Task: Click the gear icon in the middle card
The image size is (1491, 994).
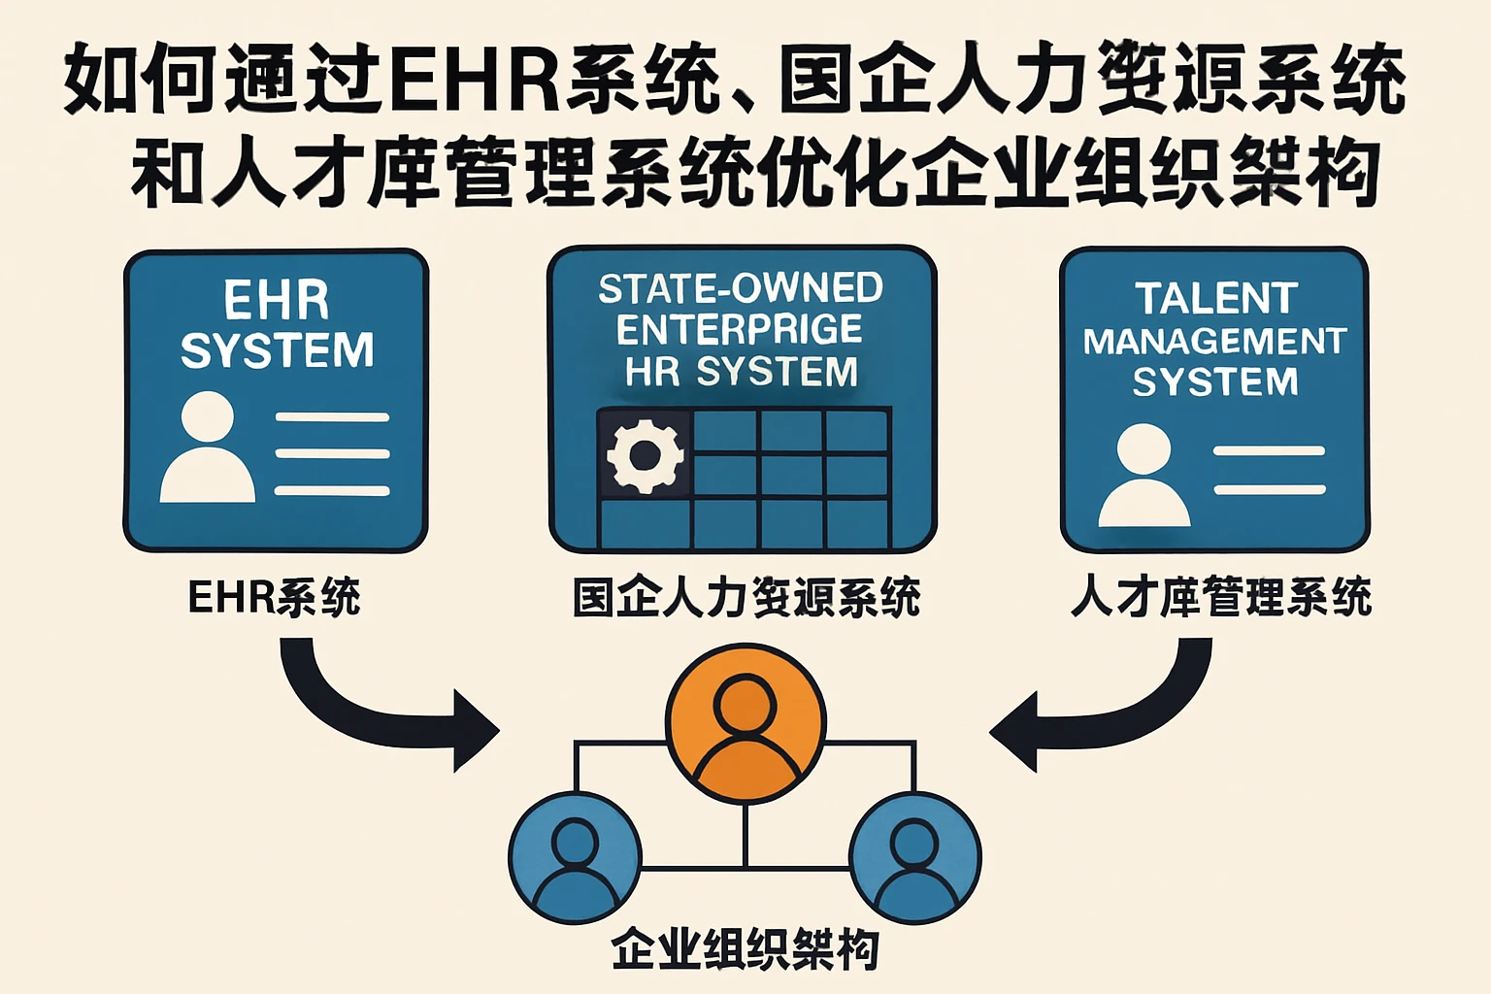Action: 645,454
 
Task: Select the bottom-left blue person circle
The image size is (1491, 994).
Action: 575,857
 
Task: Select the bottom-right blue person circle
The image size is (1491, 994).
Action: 914,857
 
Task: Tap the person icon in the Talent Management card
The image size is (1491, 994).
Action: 1144,476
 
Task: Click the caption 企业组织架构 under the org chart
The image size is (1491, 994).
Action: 745,949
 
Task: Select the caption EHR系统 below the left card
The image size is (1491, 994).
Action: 274,597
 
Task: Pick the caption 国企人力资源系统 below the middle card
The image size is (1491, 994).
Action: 745,597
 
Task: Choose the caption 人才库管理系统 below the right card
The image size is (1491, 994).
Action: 1220,597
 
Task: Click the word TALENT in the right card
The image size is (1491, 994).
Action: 1215,298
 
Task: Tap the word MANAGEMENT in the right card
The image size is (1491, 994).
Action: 1214,342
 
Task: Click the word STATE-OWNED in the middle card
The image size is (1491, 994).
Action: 741,288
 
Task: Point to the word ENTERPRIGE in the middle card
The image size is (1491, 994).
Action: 740,330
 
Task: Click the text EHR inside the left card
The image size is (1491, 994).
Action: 277,300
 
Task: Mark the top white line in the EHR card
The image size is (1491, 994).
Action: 332,417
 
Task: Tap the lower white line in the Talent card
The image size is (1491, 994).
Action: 1269,489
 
